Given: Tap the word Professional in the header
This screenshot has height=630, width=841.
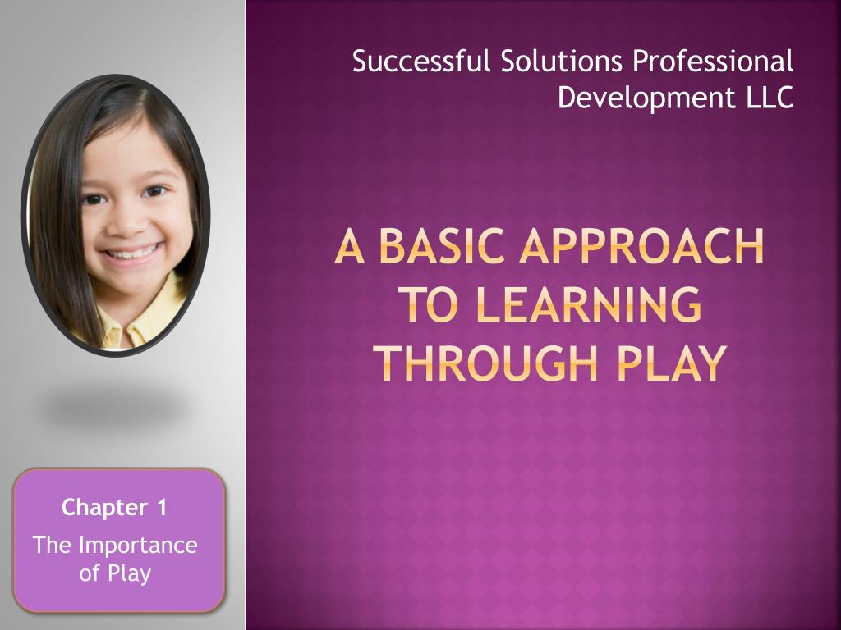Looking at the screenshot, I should coord(713,62).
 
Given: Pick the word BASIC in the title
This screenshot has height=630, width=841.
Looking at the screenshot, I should coord(434,247).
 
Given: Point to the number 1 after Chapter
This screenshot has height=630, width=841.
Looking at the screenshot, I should coord(162,508).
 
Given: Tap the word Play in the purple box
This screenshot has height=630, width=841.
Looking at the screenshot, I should coord(130,573).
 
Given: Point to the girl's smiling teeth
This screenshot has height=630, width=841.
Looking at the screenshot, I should coord(131,252).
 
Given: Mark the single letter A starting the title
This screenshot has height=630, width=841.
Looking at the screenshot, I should coord(348,247).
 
